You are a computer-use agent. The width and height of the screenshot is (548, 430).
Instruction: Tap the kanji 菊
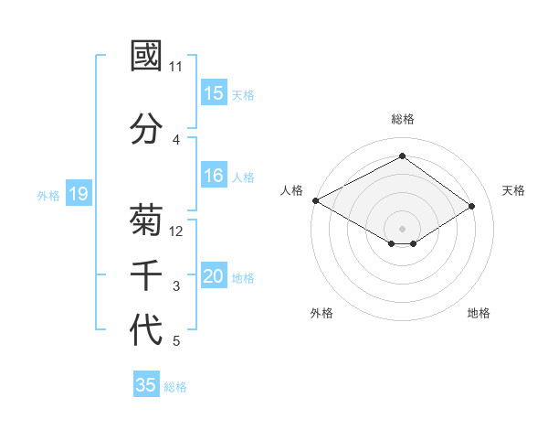[146, 220]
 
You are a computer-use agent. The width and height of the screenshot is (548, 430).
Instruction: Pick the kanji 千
[146, 274]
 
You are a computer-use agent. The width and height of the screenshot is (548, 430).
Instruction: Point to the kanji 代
[146, 329]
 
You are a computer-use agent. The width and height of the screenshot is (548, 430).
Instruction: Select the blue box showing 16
[214, 176]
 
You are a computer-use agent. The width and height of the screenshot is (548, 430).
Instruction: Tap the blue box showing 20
[214, 276]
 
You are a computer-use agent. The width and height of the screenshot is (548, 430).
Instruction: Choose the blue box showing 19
[78, 194]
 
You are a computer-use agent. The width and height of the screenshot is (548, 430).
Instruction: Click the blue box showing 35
[146, 385]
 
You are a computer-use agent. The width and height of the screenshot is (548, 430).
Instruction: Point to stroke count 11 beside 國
[176, 67]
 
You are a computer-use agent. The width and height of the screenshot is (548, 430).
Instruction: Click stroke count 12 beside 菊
[176, 231]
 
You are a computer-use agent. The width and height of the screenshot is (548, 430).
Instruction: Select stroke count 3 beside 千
[176, 286]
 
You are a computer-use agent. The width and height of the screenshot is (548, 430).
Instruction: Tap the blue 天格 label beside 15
[243, 94]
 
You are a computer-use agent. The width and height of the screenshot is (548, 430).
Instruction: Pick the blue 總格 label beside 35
[175, 387]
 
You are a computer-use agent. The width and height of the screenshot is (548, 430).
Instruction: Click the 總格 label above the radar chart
[402, 119]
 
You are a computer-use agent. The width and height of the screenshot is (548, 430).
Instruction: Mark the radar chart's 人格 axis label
[292, 190]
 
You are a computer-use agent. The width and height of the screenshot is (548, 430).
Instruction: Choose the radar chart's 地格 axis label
[479, 313]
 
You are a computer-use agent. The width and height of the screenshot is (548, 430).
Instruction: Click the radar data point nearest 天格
[472, 207]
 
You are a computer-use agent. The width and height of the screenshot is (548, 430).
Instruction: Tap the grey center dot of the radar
[402, 227]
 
